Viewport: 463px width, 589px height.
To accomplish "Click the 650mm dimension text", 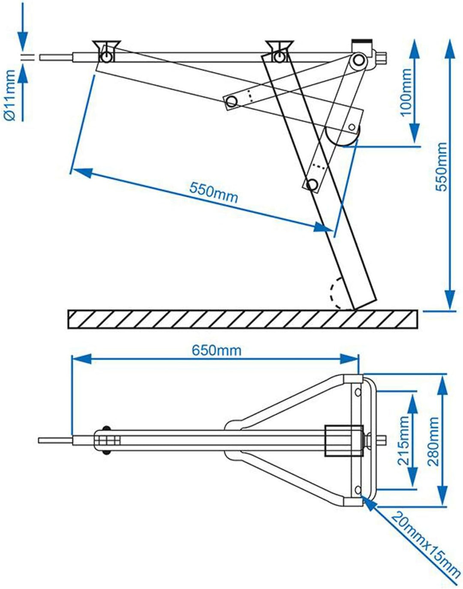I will point(216,350).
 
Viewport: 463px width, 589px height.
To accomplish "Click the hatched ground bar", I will point(242,319).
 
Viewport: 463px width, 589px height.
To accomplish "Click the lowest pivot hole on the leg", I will point(313,185).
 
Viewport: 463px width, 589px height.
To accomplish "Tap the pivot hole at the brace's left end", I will point(232,102).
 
